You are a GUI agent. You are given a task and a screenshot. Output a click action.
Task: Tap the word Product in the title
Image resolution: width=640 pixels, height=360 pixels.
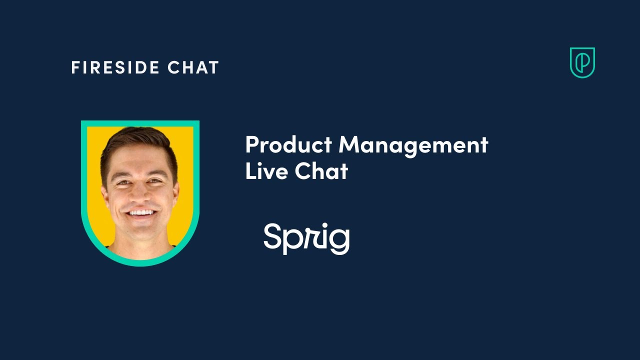click(x=288, y=145)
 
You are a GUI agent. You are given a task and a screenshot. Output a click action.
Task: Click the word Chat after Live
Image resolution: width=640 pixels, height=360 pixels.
click(x=321, y=171)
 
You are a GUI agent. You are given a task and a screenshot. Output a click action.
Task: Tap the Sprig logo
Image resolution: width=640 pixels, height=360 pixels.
click(x=306, y=238)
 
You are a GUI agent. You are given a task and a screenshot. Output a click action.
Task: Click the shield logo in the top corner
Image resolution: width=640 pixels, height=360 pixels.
click(x=582, y=62)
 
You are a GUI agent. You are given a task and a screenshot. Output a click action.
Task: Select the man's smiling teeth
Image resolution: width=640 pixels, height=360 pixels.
click(x=142, y=212)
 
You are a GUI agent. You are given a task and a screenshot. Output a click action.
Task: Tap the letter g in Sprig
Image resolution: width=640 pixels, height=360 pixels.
click(x=340, y=241)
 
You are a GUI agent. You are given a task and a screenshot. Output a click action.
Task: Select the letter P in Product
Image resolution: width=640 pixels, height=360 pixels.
click(x=251, y=145)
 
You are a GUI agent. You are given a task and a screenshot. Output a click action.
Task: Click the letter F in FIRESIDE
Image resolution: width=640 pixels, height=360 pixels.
click(x=75, y=67)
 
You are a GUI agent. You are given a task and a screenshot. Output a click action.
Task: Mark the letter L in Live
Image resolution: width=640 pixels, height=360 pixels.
click(x=249, y=171)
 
